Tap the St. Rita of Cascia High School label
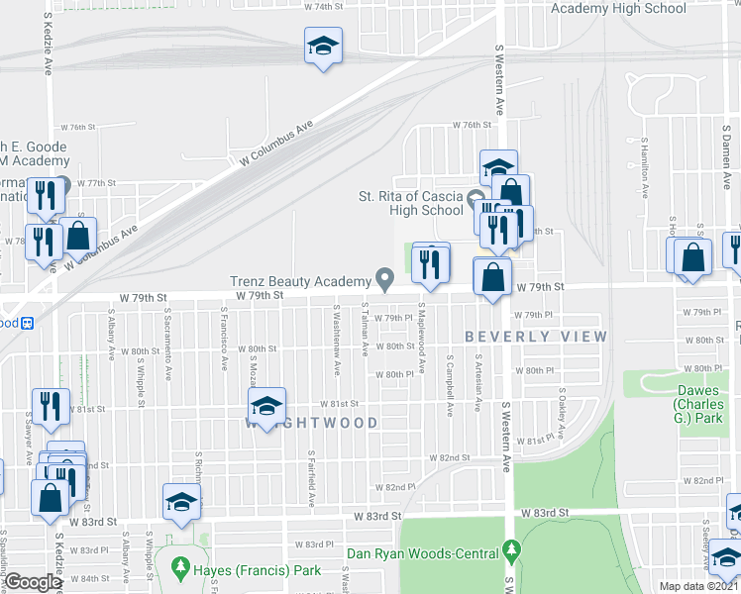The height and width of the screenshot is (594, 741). [x=411, y=203]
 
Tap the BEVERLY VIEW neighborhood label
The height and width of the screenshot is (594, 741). [x=535, y=337]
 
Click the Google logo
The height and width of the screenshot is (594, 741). [x=34, y=582]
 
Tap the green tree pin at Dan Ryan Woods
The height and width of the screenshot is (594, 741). [x=510, y=547]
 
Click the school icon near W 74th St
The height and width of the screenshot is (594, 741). [x=322, y=46]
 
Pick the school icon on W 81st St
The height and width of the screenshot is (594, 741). [x=265, y=406]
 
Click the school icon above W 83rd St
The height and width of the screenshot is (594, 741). [x=181, y=501]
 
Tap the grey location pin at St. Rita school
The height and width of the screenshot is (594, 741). [x=475, y=196]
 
